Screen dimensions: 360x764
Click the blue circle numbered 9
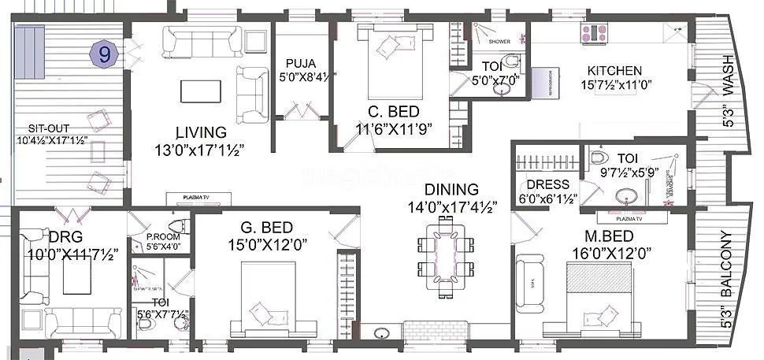pyautogui.click(x=103, y=54)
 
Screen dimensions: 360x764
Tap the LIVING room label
pyautogui.click(x=202, y=132)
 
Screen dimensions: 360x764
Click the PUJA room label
pyautogui.click(x=301, y=62)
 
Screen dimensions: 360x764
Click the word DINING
pyautogui.click(x=451, y=189)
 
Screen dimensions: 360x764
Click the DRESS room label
pyautogui.click(x=547, y=184)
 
